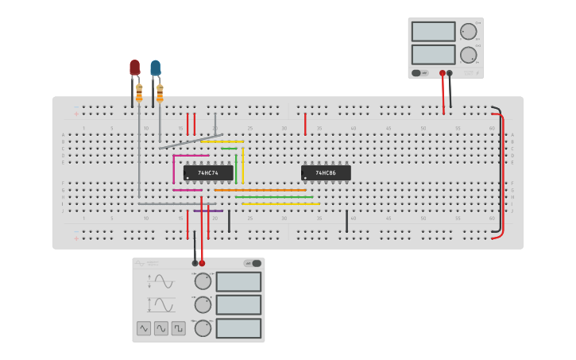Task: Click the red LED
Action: (134, 68)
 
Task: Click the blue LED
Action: (155, 68)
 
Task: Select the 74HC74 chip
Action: (208, 172)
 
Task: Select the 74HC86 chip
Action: (326, 172)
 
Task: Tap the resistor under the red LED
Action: (139, 93)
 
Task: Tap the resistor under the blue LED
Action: (160, 93)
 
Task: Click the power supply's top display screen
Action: (433, 32)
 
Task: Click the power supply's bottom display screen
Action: (433, 55)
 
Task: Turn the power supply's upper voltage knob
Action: (469, 32)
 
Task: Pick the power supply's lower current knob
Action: (469, 55)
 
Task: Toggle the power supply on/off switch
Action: (416, 73)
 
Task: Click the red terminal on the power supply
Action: (443, 73)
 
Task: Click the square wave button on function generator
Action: (179, 328)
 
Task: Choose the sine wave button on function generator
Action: (161, 328)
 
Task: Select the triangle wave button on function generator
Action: (144, 328)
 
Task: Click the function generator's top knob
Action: (203, 281)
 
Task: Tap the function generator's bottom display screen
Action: (238, 328)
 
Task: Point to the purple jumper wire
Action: (208, 211)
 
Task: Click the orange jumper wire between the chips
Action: (260, 190)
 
